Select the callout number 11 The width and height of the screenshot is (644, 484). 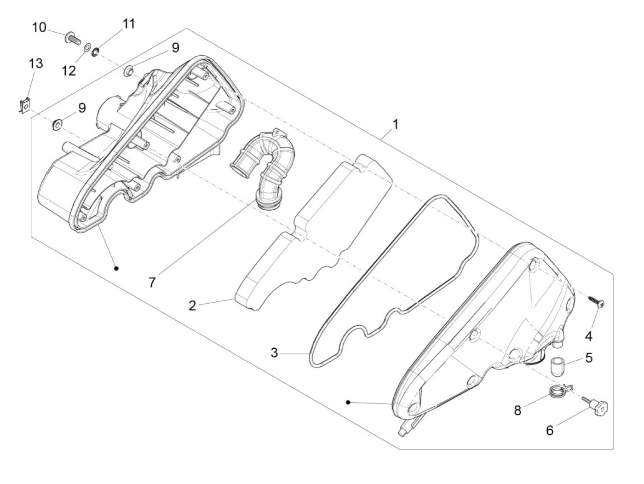tap(128, 24)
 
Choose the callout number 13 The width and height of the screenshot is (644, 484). tap(36, 63)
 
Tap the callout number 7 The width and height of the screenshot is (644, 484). tap(152, 282)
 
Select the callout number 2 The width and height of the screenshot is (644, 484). tap(192, 305)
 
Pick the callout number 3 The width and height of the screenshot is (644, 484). tap(274, 352)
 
